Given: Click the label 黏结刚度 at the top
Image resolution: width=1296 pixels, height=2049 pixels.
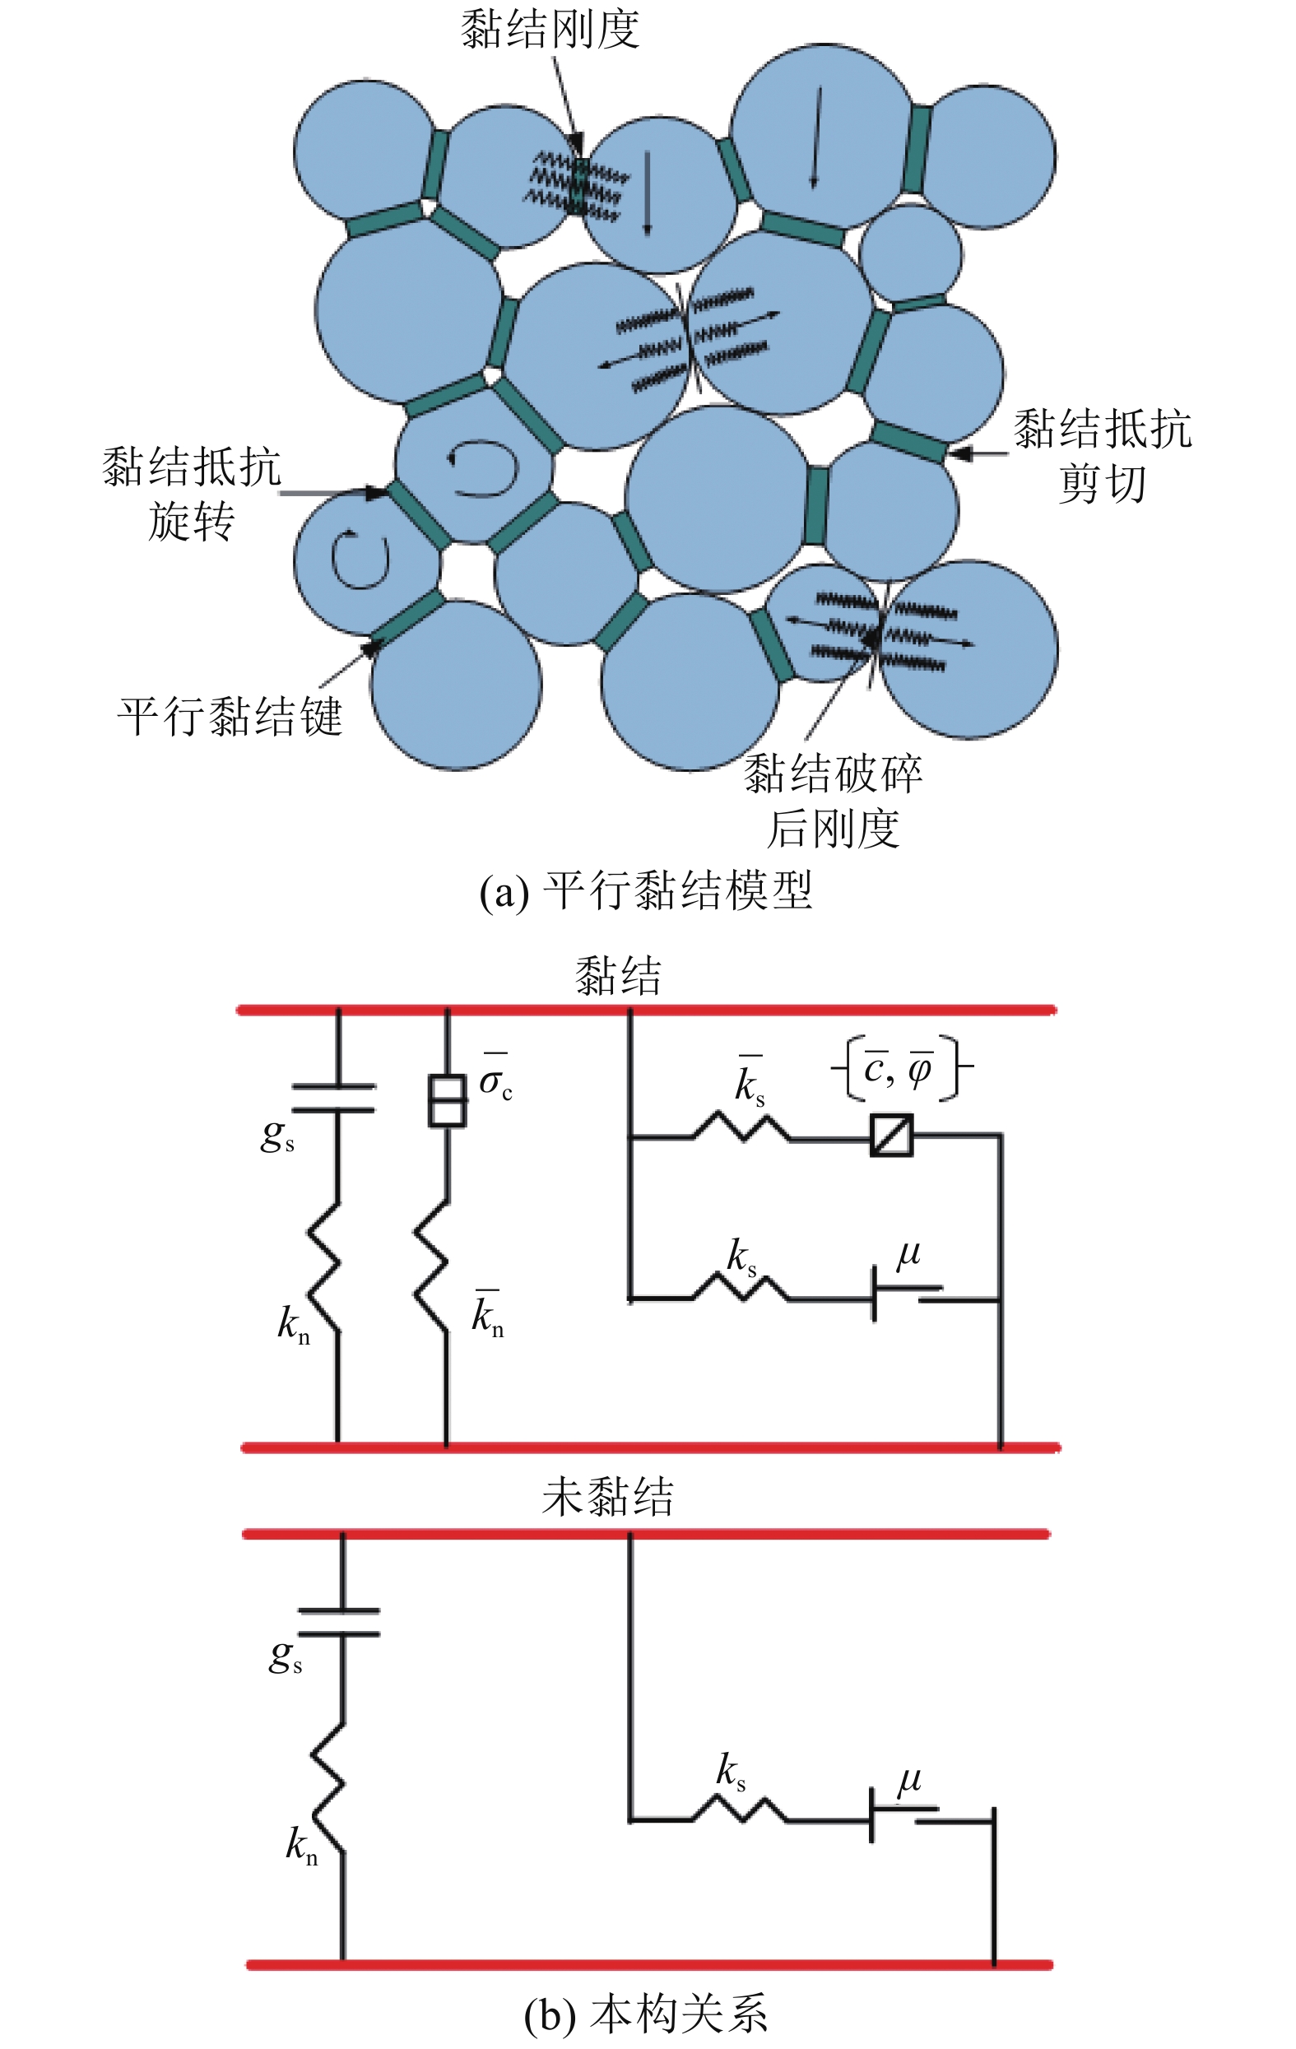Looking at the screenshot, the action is pos(550,29).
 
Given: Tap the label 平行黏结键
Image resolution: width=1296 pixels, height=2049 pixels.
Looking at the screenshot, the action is pos(230,716).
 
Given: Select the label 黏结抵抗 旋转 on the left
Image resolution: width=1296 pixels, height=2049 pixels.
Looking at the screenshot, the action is pos(192,494).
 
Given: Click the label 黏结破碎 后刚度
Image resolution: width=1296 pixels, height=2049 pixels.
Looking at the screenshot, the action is pos(833,801).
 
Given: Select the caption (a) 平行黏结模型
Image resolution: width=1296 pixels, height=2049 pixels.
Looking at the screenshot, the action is pos(646,891).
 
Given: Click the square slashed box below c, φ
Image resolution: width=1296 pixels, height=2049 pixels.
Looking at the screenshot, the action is pos(892,1135).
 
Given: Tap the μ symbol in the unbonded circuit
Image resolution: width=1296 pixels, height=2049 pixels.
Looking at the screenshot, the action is pos(908,1779).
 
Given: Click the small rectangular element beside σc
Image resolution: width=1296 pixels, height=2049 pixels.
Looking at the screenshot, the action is pos(447,1101).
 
